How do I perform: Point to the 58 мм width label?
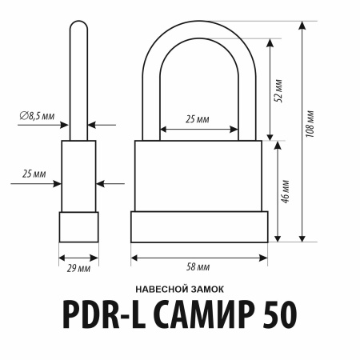[198, 267]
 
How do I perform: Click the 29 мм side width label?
[78, 267]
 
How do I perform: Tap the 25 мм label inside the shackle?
[198, 119]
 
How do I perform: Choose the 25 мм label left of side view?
[34, 174]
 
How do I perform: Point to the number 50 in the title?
[281, 316]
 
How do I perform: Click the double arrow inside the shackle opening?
[198, 128]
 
